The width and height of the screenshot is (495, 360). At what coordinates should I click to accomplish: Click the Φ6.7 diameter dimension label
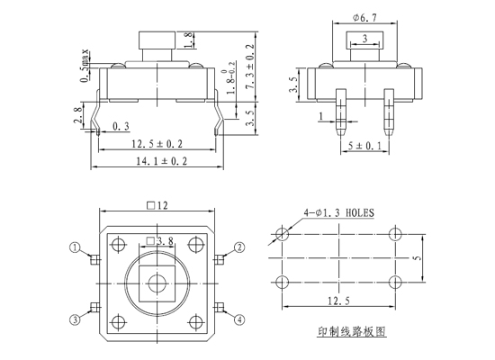364,18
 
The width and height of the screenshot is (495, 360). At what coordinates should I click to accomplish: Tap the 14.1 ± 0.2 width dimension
161,161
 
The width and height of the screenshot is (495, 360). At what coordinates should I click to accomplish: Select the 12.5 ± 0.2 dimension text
157,144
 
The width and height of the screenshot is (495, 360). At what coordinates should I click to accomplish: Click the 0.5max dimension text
85,66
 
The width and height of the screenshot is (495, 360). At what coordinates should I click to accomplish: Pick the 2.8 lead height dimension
78,115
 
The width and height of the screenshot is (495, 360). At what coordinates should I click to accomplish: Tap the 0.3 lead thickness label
121,127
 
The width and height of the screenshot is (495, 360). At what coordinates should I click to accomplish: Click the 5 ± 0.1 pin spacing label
364,146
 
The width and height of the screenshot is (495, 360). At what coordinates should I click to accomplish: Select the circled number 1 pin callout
75,247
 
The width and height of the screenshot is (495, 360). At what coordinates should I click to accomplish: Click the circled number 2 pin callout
239,247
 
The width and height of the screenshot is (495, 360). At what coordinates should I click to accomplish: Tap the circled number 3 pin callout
75,319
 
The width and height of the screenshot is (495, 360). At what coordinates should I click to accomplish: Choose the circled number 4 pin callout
239,319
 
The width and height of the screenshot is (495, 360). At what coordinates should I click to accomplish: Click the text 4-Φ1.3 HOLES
338,212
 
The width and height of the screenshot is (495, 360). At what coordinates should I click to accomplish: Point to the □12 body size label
157,205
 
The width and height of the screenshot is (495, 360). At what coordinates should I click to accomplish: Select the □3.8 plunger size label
160,241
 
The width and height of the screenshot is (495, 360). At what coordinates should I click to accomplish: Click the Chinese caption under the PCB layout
352,331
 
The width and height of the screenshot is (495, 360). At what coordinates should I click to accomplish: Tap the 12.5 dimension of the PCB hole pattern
338,301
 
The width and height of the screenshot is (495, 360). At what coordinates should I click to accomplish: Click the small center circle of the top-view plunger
157,283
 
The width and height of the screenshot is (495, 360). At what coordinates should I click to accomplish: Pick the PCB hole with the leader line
282,234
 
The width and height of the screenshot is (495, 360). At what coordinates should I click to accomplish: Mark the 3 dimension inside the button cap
364,39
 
